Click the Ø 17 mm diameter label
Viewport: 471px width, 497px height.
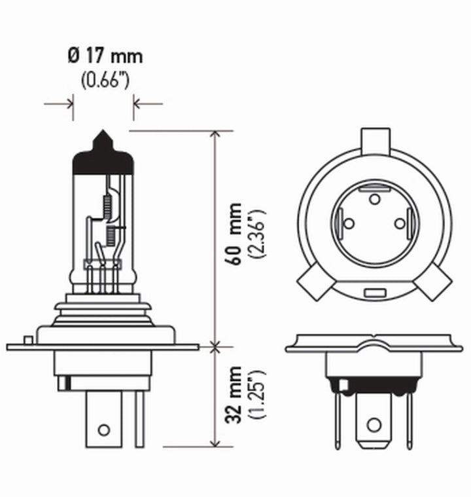(104, 57)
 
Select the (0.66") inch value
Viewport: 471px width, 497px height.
(104, 81)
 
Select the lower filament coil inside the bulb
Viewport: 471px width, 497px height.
(110, 231)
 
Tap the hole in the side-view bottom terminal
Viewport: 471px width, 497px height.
(103, 430)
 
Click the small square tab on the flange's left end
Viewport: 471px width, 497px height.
(27, 339)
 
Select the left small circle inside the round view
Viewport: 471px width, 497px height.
(349, 224)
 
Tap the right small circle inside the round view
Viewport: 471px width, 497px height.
(400, 224)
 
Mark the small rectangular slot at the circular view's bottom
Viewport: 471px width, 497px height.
(375, 291)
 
